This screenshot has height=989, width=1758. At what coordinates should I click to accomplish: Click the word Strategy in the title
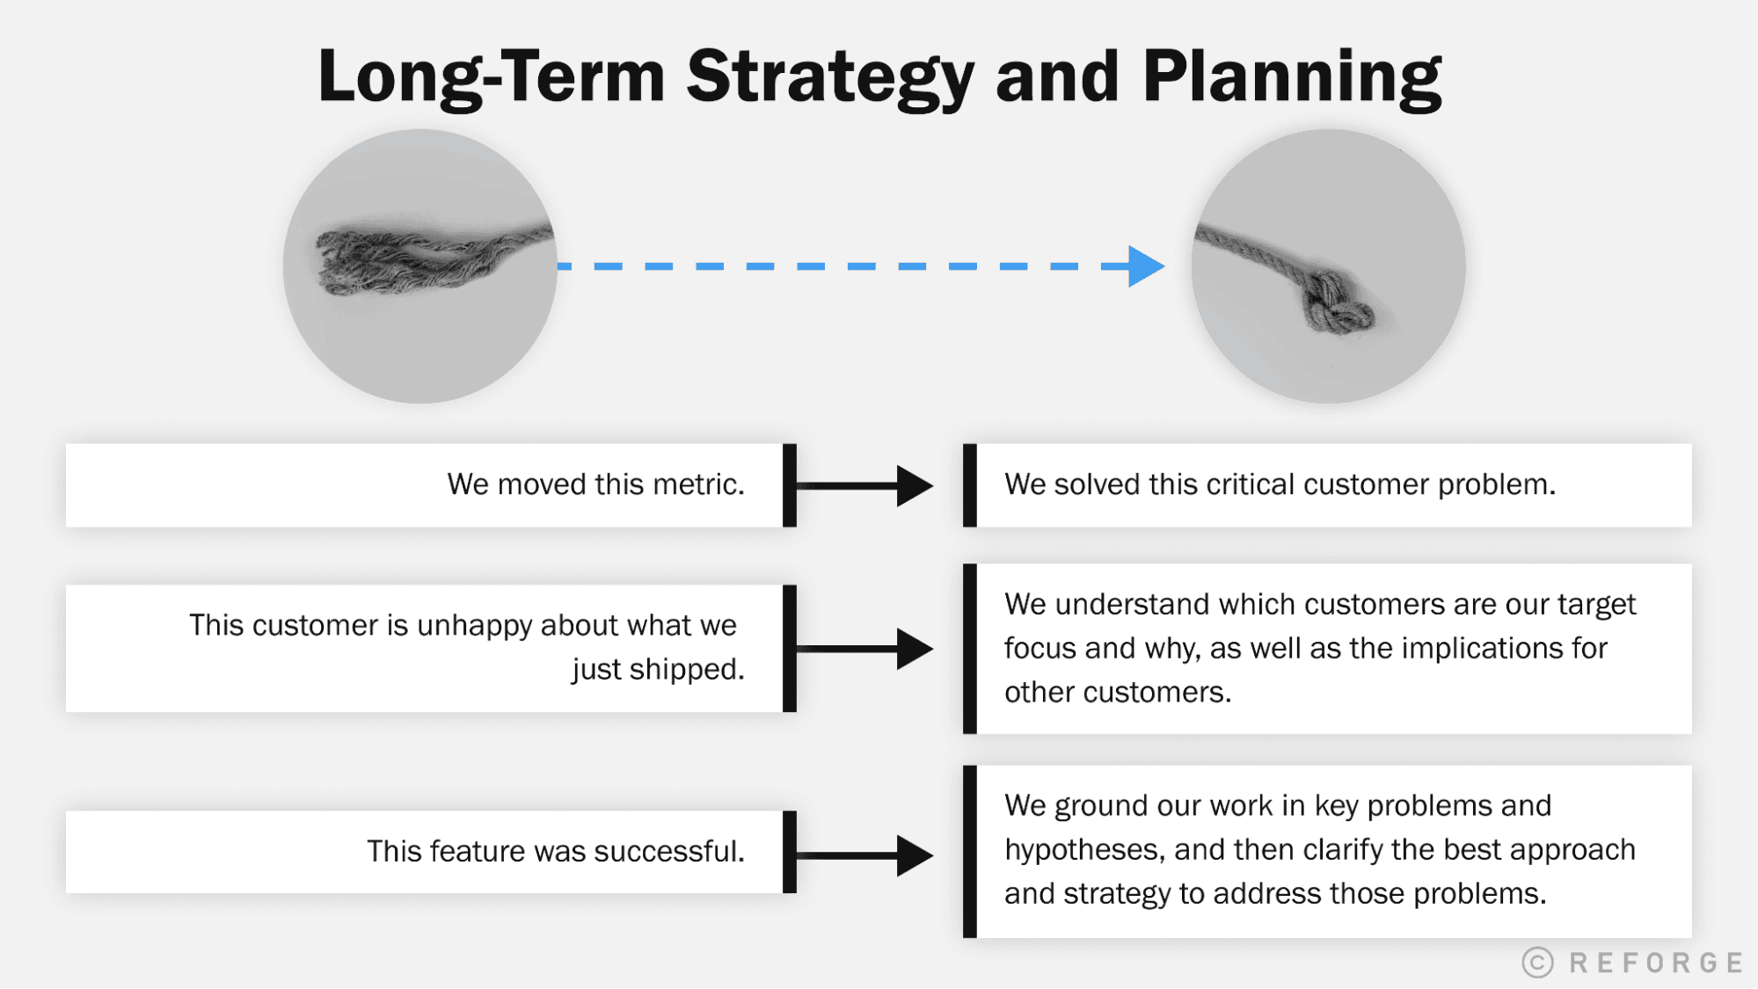coord(829,77)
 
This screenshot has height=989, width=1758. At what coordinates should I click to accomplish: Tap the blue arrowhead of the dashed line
coord(1144,266)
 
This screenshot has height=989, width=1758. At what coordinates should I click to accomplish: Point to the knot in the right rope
coord(1336,306)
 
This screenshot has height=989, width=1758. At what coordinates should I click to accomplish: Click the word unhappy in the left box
coord(474,625)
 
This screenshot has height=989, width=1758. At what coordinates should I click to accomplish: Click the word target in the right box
coord(1596,604)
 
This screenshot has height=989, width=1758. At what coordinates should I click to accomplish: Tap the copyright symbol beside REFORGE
coord(1538,963)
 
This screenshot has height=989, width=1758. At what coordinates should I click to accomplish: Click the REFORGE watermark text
coord(1655,963)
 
